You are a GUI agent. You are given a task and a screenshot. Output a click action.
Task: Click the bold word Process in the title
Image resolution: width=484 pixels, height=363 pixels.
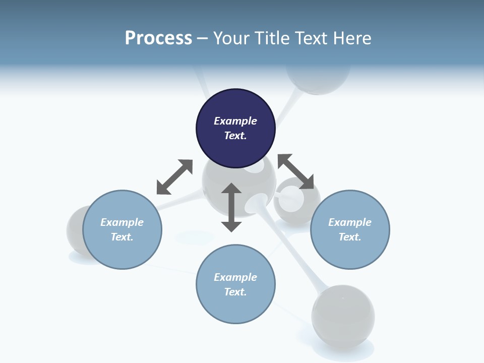pos(158,38)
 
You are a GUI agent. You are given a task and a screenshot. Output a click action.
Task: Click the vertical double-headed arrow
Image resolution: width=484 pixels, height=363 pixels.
pos(231,207)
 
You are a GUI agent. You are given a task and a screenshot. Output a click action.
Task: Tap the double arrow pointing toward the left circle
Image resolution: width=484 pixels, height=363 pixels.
pos(174,177)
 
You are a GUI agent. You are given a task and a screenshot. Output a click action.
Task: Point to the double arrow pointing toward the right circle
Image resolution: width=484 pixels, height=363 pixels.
pos(296,172)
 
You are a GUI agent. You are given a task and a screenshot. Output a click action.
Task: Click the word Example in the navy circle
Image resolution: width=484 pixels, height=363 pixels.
pos(235,121)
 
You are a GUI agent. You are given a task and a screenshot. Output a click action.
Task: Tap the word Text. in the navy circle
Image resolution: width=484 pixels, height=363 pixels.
pos(235,136)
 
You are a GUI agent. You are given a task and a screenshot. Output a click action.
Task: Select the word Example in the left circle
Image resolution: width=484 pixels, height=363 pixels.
pos(122,222)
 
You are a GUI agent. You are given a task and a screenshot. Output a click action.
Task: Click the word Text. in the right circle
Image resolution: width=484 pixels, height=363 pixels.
pos(350,237)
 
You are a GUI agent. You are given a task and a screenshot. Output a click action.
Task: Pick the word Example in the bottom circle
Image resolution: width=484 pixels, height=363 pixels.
pos(235,277)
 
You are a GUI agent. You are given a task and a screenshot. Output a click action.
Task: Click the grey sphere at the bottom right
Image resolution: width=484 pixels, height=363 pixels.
pos(343,316)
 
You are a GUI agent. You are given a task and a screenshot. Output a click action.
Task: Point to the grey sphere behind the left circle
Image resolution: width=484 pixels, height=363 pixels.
pos(75,229)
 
